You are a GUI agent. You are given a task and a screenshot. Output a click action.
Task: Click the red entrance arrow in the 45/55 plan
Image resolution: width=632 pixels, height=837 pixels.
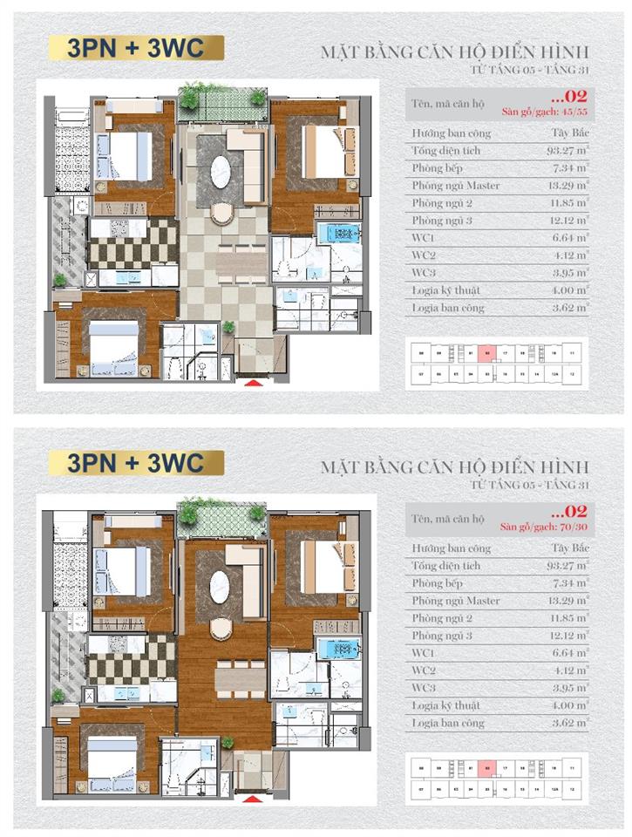pos(254,381)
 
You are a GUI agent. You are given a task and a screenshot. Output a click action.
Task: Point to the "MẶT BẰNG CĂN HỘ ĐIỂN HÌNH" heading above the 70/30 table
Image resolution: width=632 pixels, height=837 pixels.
pos(454,466)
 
